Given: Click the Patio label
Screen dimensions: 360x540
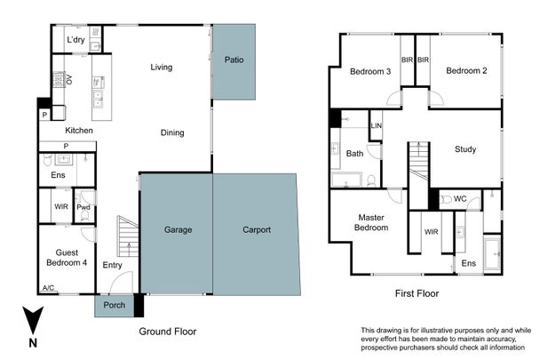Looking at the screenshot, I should coord(234,60).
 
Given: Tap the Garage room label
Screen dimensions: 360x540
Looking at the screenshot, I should coord(178,230).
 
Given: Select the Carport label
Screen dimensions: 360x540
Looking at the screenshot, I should coord(257,230).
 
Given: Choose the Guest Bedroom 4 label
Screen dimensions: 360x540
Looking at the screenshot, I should coord(64,257).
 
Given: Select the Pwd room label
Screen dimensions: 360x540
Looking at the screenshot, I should coord(83,207).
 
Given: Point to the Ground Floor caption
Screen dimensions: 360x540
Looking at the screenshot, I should coord(167,331).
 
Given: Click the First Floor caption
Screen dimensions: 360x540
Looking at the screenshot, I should coord(417,292).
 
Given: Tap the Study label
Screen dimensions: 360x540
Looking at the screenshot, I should coord(465,149).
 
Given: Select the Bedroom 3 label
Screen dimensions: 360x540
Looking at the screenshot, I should coord(370,71).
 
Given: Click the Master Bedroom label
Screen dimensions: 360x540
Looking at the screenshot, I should coord(372,222).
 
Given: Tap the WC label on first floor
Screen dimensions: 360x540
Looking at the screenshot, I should coord(460,198).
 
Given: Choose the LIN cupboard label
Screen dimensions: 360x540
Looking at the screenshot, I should coord(376,127).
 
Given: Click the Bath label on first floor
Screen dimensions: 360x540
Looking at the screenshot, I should coord(354,154).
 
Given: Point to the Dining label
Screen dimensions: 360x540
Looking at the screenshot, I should coord(172,133).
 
